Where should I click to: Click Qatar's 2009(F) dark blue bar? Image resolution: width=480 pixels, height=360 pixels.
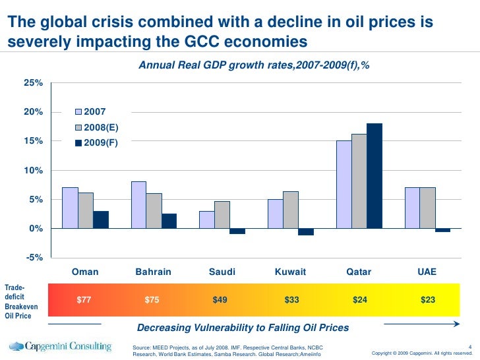coord(375,175)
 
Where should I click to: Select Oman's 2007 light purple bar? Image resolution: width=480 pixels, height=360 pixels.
coord(70,208)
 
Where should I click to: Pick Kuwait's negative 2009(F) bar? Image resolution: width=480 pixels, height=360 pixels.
coord(306,231)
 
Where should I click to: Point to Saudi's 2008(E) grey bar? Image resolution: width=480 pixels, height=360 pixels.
coord(222,214)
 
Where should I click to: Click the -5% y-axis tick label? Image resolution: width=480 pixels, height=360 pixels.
coord(34,257)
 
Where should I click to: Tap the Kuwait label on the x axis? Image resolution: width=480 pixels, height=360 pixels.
coord(291,272)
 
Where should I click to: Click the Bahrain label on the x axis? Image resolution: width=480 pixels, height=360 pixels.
coord(153,272)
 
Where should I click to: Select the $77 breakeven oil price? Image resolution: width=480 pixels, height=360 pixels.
coord(84,300)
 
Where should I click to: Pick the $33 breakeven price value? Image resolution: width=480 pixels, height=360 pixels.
coord(291,300)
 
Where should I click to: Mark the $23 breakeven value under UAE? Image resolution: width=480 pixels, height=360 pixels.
coord(428,300)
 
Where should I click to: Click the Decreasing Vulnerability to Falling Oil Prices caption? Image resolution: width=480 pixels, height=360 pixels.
coord(243,328)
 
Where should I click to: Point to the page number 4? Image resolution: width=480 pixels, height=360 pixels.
coord(469,345)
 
